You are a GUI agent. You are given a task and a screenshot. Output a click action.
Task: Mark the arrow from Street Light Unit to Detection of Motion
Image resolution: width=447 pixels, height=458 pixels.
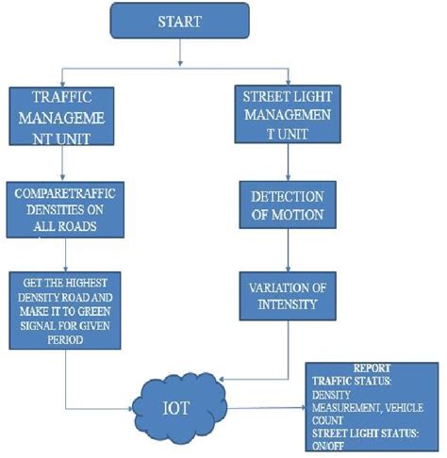[x=287, y=162]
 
